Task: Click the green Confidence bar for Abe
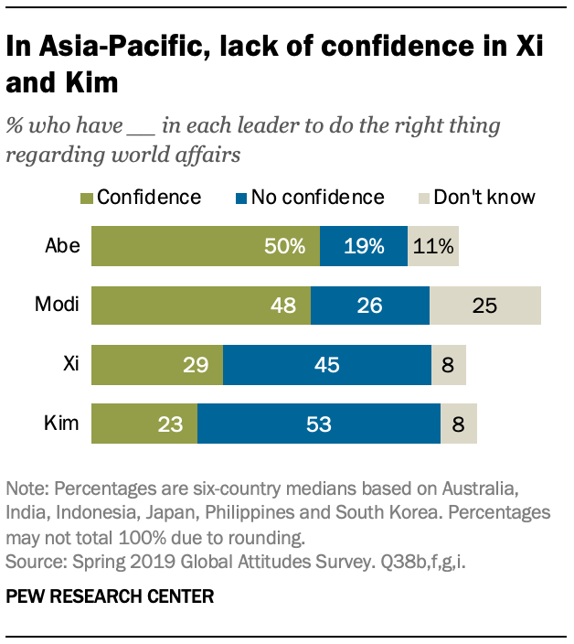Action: tap(206, 247)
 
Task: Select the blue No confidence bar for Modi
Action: tap(370, 306)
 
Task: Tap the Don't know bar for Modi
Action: tap(485, 306)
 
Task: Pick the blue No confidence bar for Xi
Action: tap(327, 365)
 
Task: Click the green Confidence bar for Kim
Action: tap(144, 424)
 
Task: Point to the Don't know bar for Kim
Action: tap(459, 424)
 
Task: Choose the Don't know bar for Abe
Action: tap(433, 247)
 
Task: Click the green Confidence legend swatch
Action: tap(86, 198)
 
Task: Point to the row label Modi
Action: tap(58, 306)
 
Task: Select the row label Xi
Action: tap(71, 365)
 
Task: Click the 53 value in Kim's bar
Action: tap(318, 424)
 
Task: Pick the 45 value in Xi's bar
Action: tap(326, 365)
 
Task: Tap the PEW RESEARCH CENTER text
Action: tap(110, 597)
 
